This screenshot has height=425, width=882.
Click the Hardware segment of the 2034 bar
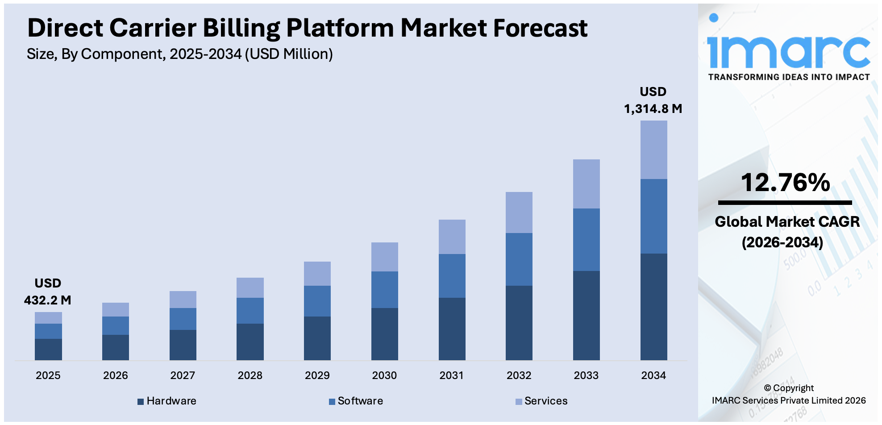(653, 307)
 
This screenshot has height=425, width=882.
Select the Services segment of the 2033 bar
(586, 184)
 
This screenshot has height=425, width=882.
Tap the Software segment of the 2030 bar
(384, 290)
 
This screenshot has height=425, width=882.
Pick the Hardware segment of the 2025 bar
(48, 350)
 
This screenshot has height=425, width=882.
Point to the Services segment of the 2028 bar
(250, 288)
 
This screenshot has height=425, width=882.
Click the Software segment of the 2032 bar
(519, 259)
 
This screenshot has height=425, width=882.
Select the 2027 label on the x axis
(183, 375)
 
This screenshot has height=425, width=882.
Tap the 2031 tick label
(451, 375)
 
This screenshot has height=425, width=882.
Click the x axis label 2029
(317, 375)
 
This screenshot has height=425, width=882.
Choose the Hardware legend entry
(167, 401)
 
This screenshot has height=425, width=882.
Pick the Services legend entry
(541, 401)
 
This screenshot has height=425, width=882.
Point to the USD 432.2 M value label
(48, 292)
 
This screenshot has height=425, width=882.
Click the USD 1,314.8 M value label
(653, 100)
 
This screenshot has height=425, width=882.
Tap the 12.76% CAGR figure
(785, 183)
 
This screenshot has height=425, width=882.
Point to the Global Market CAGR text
(787, 222)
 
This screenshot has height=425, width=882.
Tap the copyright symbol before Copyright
(767, 388)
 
